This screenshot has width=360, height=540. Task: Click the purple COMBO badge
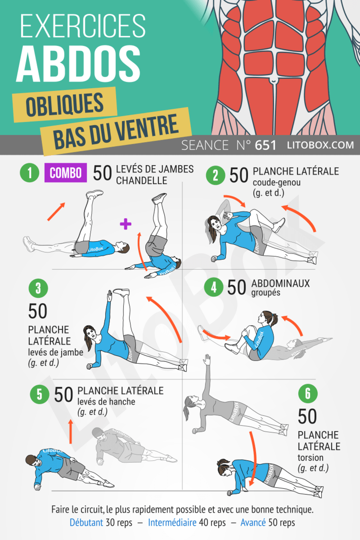click(66, 172)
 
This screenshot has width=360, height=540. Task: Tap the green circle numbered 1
click(30, 172)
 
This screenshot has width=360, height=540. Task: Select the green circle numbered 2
click(216, 175)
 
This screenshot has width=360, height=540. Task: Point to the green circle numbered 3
click(38, 288)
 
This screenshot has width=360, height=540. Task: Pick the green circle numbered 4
click(213, 287)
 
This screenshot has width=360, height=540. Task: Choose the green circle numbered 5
click(40, 395)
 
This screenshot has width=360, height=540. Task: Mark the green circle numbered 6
click(308, 393)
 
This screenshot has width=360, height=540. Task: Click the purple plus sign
click(126, 224)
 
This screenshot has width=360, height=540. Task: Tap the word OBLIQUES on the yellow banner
click(65, 105)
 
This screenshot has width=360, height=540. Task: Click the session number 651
click(265, 145)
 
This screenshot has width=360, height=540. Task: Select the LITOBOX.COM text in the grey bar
click(320, 145)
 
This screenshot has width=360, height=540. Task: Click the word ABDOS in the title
click(78, 64)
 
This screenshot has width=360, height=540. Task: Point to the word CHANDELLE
click(141, 181)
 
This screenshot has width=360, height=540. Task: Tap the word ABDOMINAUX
click(280, 283)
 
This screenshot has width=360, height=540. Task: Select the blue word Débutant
click(86, 522)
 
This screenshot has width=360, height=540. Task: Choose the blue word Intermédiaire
click(172, 522)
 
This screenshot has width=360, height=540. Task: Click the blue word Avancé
click(253, 522)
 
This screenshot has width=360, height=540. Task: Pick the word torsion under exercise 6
click(310, 458)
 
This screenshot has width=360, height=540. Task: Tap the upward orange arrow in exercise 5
click(71, 432)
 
